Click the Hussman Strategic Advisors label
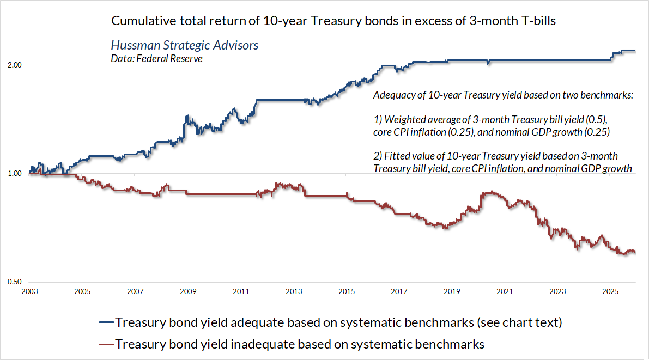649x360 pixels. [185, 45]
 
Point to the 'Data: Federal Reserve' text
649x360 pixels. [156, 58]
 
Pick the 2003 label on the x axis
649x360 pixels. [29, 292]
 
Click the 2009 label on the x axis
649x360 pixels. [188, 292]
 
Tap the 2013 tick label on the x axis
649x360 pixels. [294, 292]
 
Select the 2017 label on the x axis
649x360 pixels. [399, 292]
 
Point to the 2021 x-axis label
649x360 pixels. [505, 292]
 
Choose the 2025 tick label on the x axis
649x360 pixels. [611, 292]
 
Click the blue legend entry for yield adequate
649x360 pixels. [338, 322]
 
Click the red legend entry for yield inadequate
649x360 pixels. [300, 344]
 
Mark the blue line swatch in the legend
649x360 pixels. [107, 322]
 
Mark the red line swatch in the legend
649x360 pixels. [107, 344]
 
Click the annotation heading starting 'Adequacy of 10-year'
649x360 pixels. [503, 95]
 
